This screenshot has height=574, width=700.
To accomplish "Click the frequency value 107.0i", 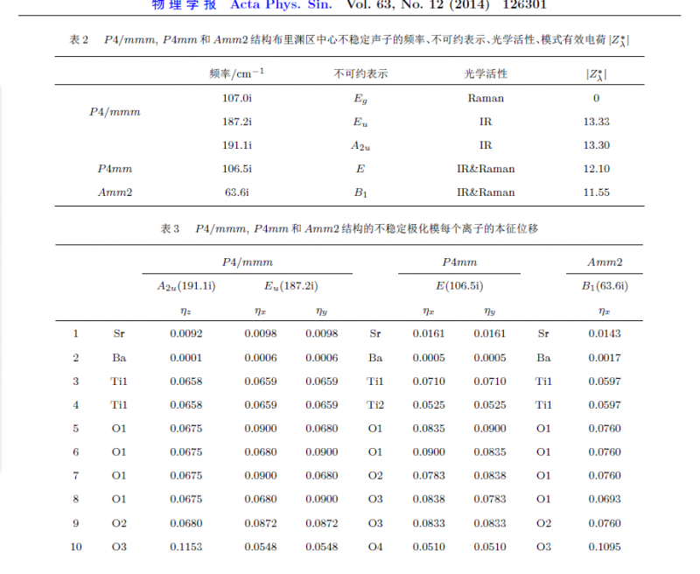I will (x=238, y=98).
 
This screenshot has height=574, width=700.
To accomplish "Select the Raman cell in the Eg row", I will (x=486, y=98).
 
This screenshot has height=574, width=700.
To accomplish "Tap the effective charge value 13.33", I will (x=595, y=122).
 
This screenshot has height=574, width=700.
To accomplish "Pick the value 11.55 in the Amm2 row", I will (x=595, y=192).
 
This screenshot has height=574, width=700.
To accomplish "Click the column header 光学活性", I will (x=486, y=74).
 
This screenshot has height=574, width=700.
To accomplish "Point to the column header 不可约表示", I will (x=360, y=74).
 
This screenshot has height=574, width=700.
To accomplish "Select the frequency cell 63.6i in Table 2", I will (x=238, y=192).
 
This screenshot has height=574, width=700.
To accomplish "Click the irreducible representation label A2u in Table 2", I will (x=360, y=146).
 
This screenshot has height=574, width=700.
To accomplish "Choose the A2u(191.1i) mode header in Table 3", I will (x=186, y=286).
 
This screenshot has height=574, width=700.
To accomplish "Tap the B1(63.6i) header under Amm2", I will (x=605, y=286).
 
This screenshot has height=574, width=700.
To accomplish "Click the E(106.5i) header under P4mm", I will (x=459, y=286).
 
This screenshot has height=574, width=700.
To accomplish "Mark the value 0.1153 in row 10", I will (x=186, y=547).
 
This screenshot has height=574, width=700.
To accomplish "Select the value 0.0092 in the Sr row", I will (x=186, y=333).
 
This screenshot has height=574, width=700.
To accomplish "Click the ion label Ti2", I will (x=375, y=404).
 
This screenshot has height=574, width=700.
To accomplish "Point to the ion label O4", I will (x=375, y=547).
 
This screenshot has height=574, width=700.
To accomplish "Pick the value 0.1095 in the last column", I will (x=605, y=547).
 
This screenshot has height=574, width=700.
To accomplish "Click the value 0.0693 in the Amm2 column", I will (x=605, y=500).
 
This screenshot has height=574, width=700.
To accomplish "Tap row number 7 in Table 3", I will (x=75, y=476).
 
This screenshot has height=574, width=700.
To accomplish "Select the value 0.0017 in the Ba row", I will (x=605, y=357).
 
